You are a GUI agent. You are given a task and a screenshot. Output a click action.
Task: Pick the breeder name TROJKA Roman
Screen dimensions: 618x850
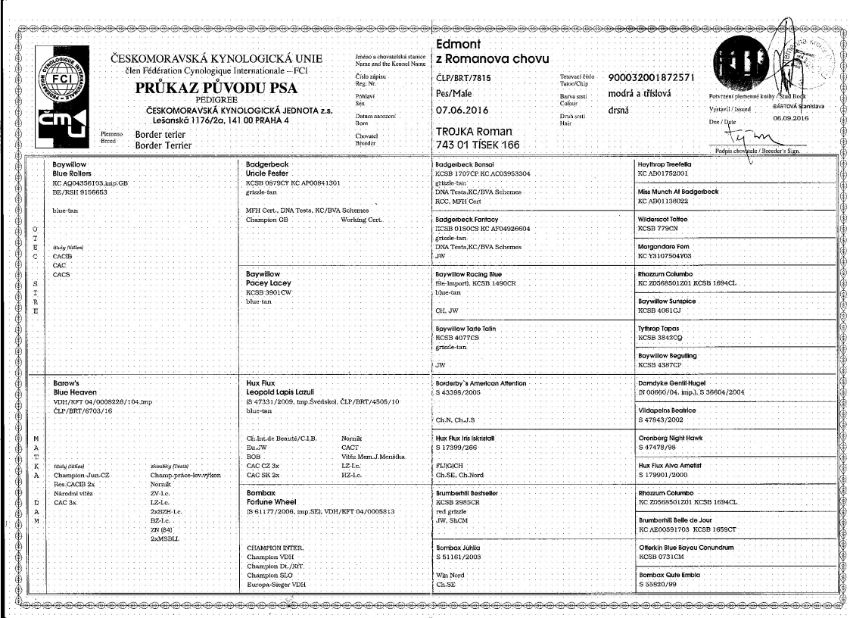474,131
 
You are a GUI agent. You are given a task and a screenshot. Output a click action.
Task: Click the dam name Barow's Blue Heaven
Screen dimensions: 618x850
73,389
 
